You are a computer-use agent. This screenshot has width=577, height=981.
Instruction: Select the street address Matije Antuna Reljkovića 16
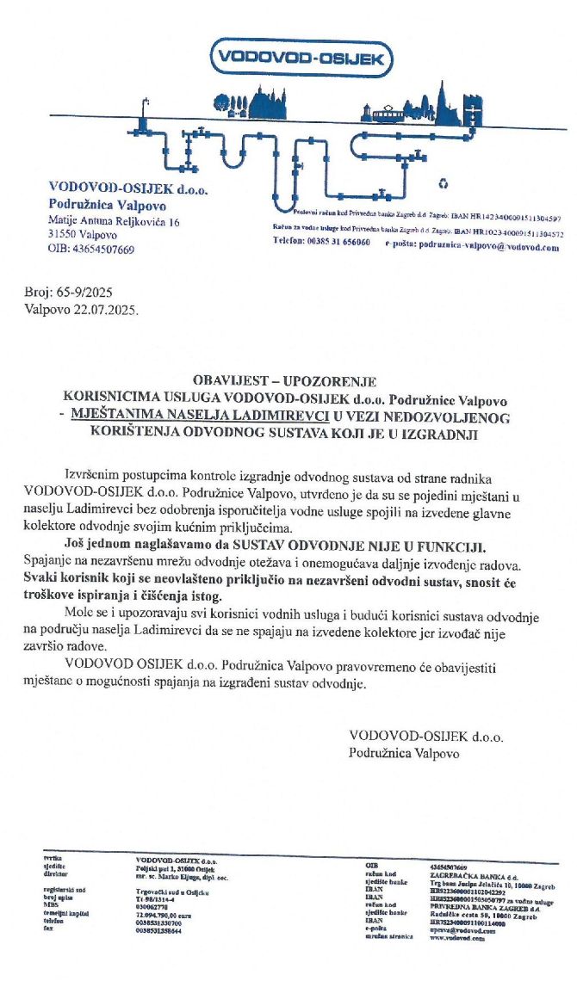click(114, 222)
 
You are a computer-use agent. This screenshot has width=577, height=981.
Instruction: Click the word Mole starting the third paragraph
click(79, 618)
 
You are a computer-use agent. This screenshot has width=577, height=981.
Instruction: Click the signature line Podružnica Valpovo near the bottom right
click(404, 752)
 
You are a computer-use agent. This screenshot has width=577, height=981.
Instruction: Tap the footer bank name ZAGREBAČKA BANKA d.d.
click(469, 875)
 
